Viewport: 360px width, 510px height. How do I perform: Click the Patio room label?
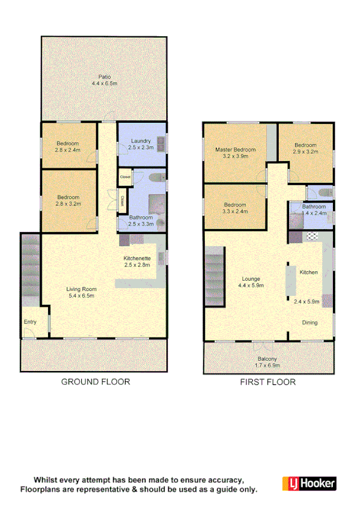[x=105, y=76]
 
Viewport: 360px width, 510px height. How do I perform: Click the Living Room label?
[x=81, y=289]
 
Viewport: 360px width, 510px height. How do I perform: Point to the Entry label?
[x=30, y=322]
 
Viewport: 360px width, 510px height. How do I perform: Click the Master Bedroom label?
[x=236, y=149]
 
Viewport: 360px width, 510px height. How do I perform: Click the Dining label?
[x=310, y=322]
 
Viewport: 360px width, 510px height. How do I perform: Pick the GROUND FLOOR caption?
[x=96, y=382]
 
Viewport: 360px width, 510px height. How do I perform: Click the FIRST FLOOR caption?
[x=267, y=382]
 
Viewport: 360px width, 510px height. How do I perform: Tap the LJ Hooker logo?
[x=309, y=484]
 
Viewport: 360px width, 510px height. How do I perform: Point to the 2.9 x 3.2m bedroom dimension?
[x=305, y=152]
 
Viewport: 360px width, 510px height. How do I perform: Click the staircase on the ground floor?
[x=31, y=271]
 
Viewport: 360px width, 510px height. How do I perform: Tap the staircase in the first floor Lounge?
[x=214, y=280]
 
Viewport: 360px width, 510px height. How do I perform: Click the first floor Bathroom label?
[x=314, y=206]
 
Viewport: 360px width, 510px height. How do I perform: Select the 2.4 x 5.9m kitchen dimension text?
[x=306, y=302]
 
